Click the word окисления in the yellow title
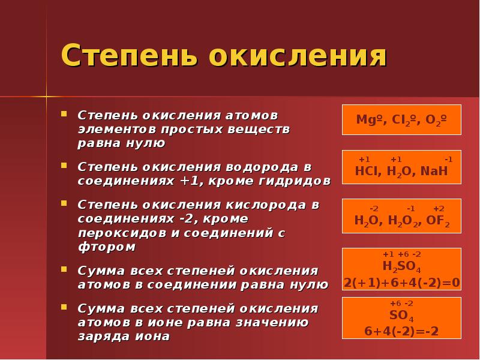tap(298, 56)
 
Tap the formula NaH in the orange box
tap(434, 171)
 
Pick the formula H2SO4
tap(401, 266)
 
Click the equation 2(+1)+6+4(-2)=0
tap(401, 283)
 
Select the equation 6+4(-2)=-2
tap(401, 331)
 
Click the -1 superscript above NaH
tap(448, 159)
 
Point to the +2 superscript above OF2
tap(439, 209)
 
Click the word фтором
tap(107, 247)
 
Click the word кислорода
tap(266, 205)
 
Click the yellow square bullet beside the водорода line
tap(64, 166)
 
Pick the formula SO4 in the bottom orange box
tap(401, 316)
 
